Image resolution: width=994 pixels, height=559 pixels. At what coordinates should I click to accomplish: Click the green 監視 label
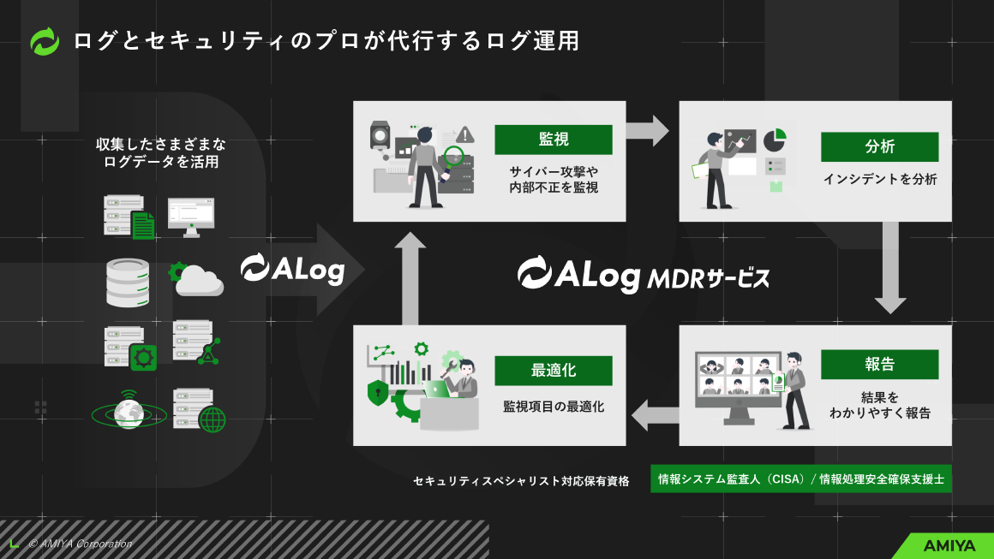[x=553, y=140]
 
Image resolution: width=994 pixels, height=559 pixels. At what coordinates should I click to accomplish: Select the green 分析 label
[x=879, y=146]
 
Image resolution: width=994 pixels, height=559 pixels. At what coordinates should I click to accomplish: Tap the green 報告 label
[x=879, y=364]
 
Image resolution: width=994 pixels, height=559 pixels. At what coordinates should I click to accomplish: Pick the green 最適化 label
[x=553, y=371]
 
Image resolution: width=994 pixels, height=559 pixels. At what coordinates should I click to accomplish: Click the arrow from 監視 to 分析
[x=647, y=130]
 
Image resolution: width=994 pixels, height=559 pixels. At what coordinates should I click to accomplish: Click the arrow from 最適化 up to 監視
[x=410, y=277]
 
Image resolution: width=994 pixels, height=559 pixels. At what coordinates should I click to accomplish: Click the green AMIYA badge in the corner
[x=947, y=545]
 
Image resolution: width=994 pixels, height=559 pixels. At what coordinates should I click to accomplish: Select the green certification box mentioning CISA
[x=801, y=479]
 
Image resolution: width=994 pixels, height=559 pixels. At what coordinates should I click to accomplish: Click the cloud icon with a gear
[x=197, y=279]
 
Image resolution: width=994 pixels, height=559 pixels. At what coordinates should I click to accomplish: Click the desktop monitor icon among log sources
[x=190, y=215]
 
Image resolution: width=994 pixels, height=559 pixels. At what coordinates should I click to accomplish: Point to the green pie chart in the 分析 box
[x=775, y=138]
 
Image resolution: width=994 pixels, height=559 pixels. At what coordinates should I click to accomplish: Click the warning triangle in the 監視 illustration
[x=465, y=134]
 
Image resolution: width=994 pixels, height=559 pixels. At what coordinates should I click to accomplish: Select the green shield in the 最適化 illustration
[x=376, y=394]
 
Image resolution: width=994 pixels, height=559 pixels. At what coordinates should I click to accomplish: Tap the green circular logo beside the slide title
[x=45, y=41]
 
